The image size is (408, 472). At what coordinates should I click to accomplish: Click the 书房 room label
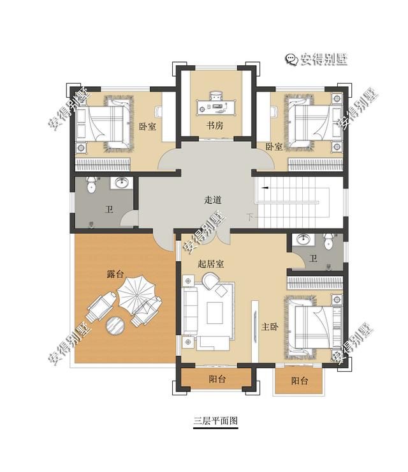coord(214,126)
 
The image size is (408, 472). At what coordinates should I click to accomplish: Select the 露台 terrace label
coord(115,275)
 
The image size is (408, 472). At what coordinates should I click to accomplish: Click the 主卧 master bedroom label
coord(270,327)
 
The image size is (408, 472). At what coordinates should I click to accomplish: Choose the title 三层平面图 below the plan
coord(215,422)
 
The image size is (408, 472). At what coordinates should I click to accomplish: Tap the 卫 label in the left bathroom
coord(109,209)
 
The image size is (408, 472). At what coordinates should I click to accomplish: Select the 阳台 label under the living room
coord(217,379)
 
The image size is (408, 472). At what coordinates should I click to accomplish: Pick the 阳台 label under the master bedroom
coord(300,381)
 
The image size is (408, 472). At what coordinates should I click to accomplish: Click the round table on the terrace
coord(115,325)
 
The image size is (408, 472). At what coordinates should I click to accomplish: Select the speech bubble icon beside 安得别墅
coord(291,59)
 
